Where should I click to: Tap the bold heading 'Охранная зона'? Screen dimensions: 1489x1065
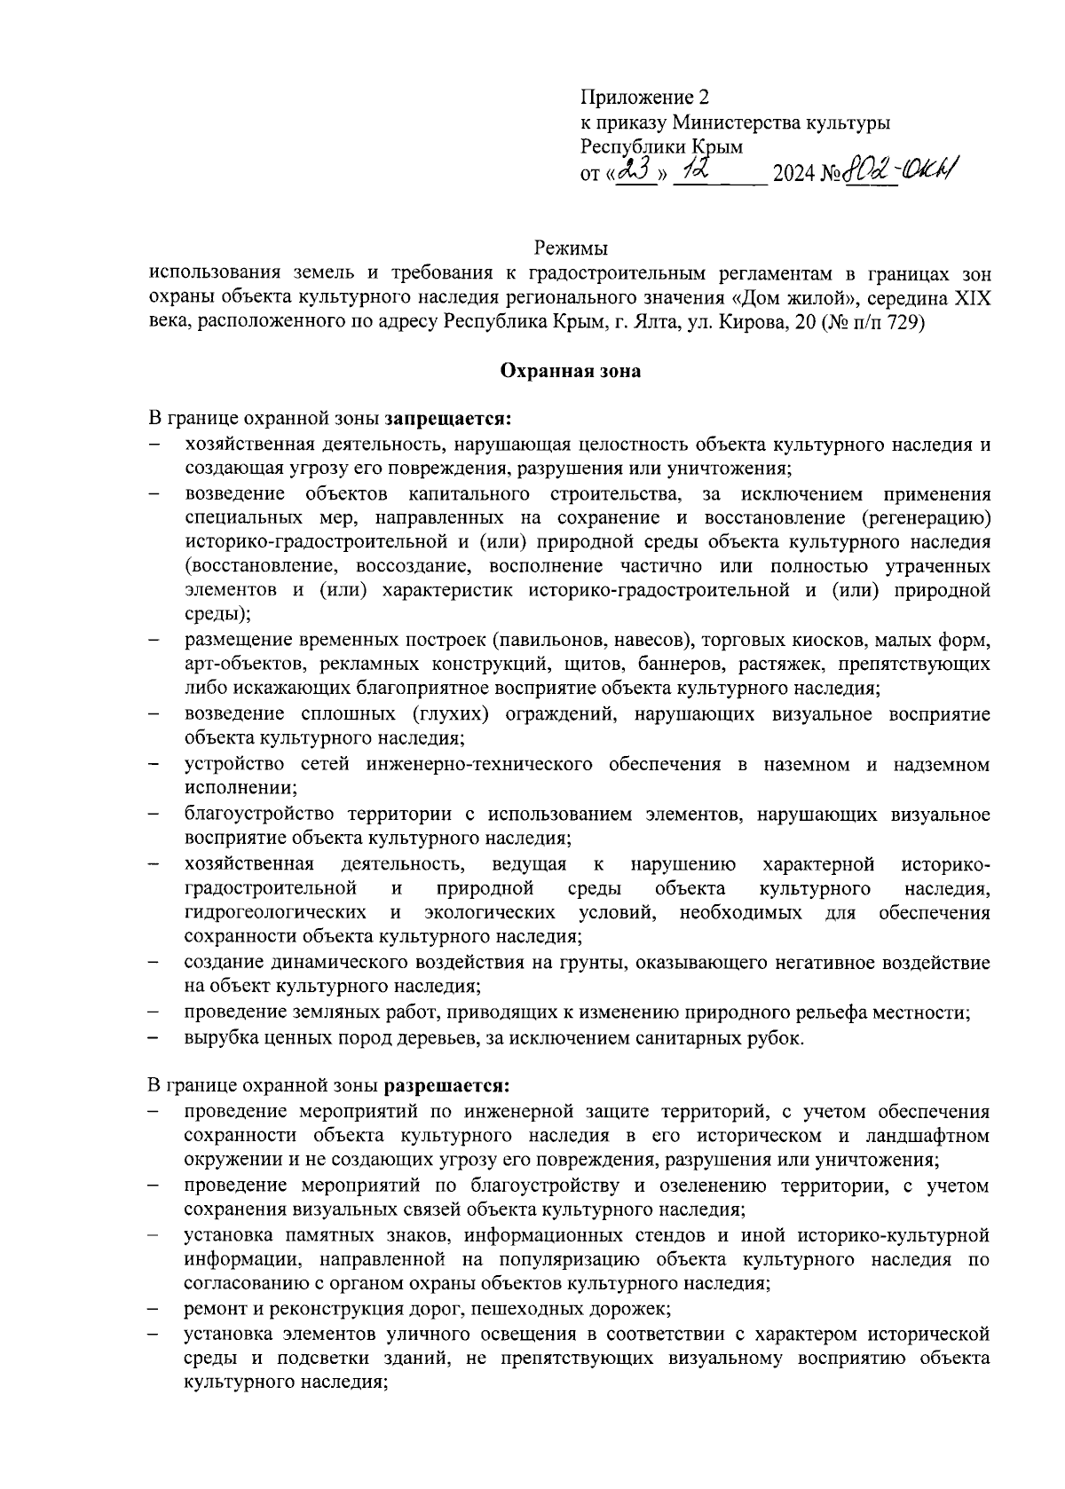[571, 372]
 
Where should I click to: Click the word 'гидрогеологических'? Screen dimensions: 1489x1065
[275, 912]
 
